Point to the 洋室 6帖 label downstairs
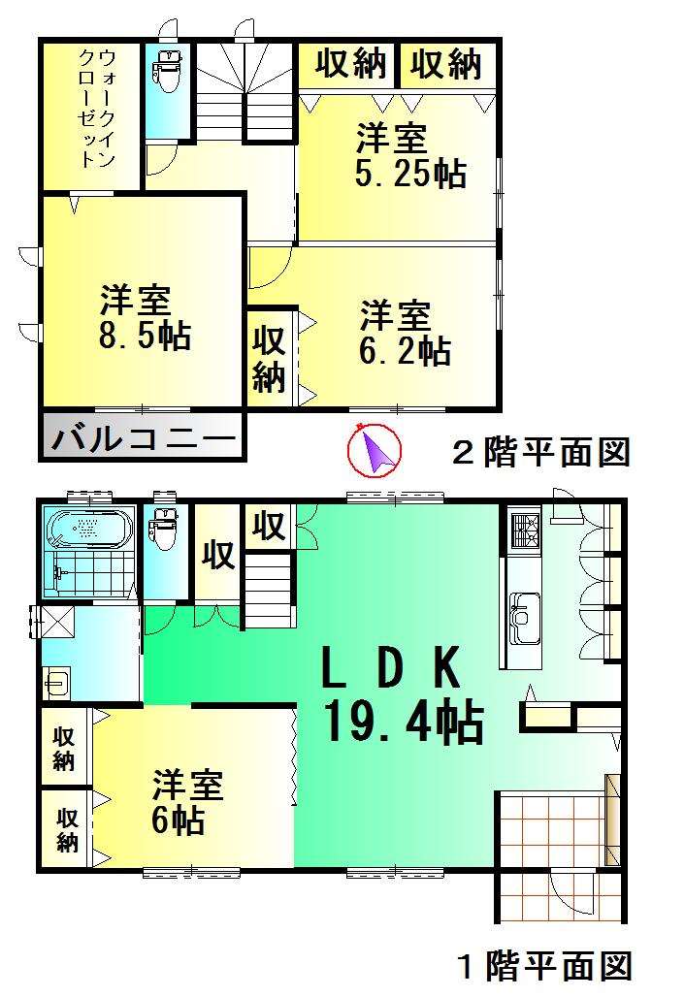coord(187,801)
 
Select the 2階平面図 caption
coord(541,452)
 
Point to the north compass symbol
coord(375,452)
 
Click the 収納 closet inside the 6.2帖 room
coord(270,359)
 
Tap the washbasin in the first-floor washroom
coord(56,684)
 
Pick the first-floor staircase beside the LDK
coord(267,590)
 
